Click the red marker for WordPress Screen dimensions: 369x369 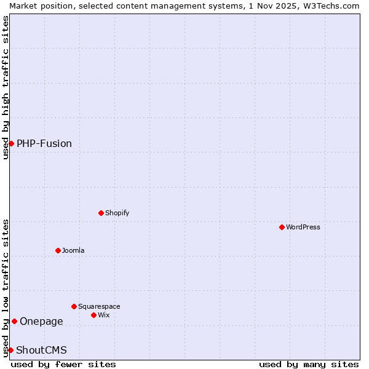click(282, 227)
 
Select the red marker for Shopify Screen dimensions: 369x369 click(101, 213)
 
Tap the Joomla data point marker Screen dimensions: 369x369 click(58, 250)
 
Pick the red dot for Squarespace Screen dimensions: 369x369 click(74, 306)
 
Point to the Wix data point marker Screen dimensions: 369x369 click(93, 315)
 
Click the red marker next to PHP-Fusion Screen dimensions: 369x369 click(11, 143)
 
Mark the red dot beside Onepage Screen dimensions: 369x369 click(14, 321)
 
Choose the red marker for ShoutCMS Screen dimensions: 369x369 click(10, 350)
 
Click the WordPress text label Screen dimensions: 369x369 click(303, 227)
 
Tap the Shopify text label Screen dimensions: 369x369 click(117, 213)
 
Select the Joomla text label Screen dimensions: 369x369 click(73, 250)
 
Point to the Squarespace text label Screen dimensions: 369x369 click(99, 306)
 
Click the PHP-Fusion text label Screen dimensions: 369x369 click(44, 143)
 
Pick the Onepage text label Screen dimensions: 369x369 click(41, 321)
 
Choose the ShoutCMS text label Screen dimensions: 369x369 click(41, 350)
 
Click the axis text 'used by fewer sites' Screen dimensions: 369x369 click(63, 364)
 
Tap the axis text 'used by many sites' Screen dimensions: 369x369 click(309, 364)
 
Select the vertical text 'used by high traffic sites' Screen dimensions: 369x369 click(6, 87)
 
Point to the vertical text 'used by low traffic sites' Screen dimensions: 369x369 click(6, 288)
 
